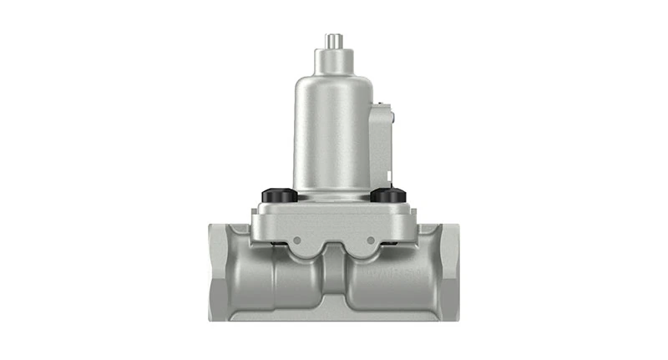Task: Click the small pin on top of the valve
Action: click(332, 40)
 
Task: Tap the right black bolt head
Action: click(387, 195)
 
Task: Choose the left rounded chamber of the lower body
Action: click(284, 280)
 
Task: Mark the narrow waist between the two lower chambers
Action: click(333, 284)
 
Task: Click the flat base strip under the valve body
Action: click(333, 316)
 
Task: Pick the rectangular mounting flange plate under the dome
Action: click(333, 219)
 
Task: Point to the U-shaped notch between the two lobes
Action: click(333, 249)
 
